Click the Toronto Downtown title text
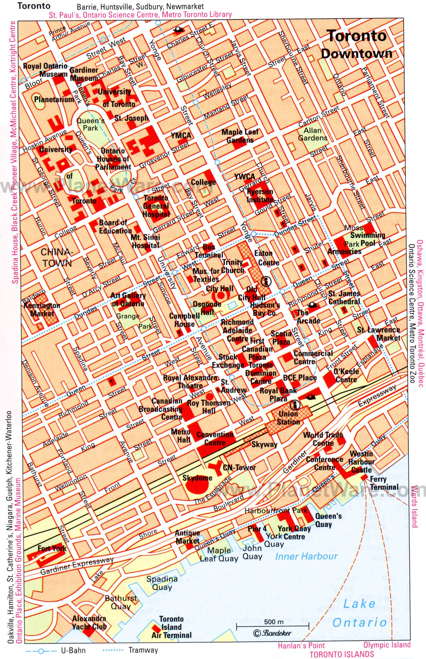point(356,44)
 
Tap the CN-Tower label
point(239,468)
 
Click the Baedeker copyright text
point(273,633)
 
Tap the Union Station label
point(288,418)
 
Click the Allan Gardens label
point(312,134)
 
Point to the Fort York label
point(52,548)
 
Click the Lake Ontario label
point(359,613)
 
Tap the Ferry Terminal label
point(384,483)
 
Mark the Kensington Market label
point(42,309)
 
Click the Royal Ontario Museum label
point(45,70)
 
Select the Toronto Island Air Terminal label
point(171,627)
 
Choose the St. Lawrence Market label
point(378,334)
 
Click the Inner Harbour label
point(306,556)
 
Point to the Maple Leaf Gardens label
point(240,136)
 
